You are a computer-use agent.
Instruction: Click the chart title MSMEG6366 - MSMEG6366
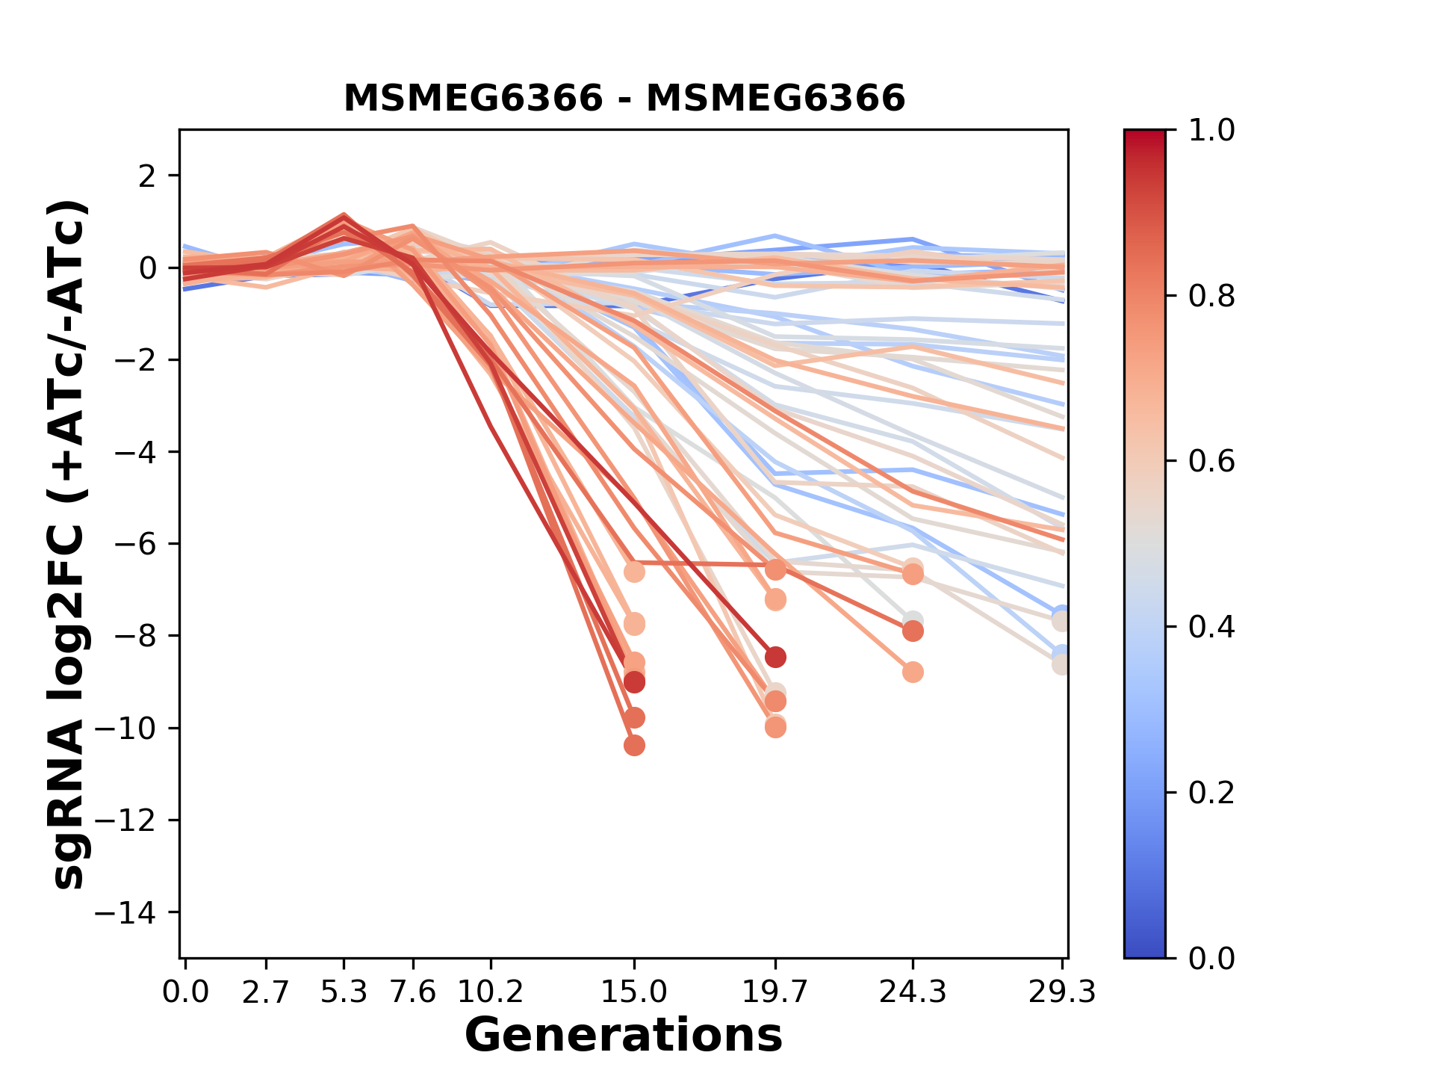pyautogui.click(x=624, y=99)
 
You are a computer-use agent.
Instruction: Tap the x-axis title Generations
pyautogui.click(x=624, y=1036)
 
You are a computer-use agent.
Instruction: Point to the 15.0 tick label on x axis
pyautogui.click(x=634, y=992)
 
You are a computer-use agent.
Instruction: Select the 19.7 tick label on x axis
pyautogui.click(x=775, y=992)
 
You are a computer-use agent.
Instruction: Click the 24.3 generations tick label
pyautogui.click(x=912, y=992)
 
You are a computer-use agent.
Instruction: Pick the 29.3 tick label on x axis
pyautogui.click(x=1061, y=992)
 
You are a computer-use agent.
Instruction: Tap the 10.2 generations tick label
pyautogui.click(x=490, y=992)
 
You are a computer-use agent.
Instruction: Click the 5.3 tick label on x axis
pyautogui.click(x=344, y=992)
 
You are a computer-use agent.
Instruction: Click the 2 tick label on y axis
pyautogui.click(x=148, y=176)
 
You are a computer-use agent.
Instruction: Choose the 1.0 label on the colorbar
pyautogui.click(x=1211, y=131)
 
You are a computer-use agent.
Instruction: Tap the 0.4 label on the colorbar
pyautogui.click(x=1211, y=627)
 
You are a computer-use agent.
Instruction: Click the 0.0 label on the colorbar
pyautogui.click(x=1211, y=958)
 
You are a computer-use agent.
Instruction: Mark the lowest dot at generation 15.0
pyautogui.click(x=634, y=745)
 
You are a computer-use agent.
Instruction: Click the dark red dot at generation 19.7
pyautogui.click(x=775, y=658)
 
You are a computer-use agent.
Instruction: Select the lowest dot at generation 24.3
pyautogui.click(x=913, y=672)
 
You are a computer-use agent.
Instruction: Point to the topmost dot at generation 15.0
pyautogui.click(x=634, y=572)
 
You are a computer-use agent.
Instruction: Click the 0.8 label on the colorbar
pyautogui.click(x=1211, y=297)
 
